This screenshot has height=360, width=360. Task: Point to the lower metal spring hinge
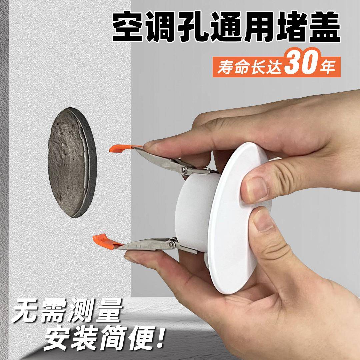[x=172, y=244]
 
